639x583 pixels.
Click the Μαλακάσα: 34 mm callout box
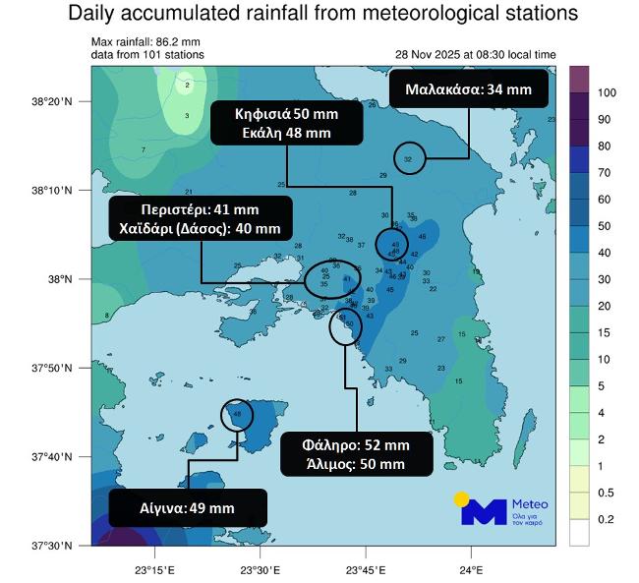tap(469, 89)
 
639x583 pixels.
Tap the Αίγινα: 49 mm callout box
tap(188, 508)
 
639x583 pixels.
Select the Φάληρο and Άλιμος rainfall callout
tap(356, 454)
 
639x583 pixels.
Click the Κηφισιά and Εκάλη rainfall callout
tap(287, 123)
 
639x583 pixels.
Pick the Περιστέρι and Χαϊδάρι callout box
tap(201, 218)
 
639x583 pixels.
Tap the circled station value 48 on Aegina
tap(237, 415)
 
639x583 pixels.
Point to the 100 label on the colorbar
tap(607, 92)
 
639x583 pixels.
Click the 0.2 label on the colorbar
tap(607, 518)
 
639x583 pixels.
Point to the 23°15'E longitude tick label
tap(155, 567)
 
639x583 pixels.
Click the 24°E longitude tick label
tap(471, 567)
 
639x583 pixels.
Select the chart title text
tap(322, 16)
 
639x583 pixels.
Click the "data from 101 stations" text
tap(147, 55)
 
